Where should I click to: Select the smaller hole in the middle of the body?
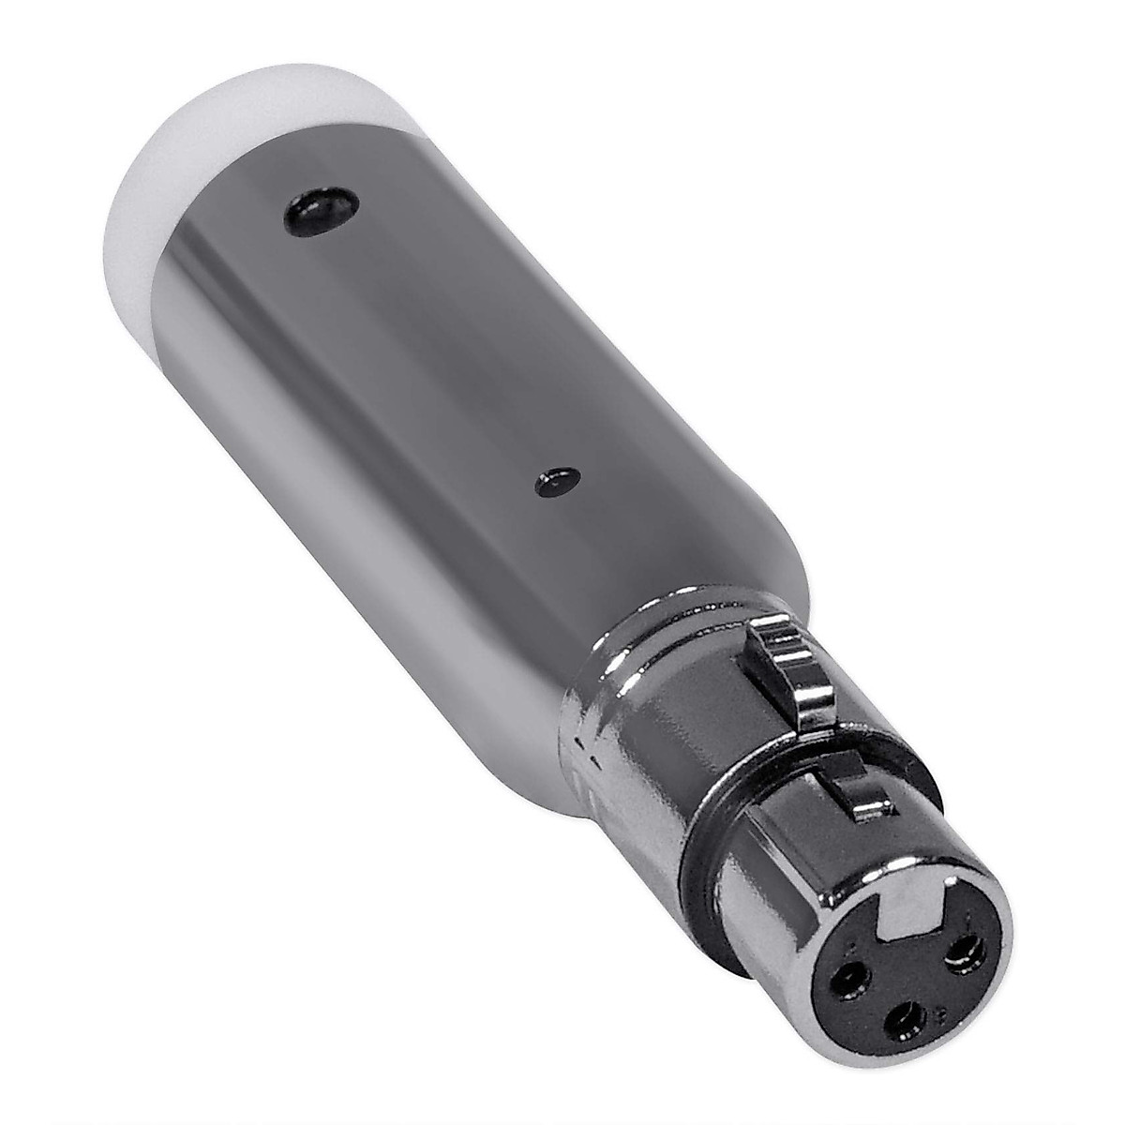tap(556, 482)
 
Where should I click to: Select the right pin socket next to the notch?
tap(963, 955)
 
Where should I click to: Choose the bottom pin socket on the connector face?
tap(907, 1020)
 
